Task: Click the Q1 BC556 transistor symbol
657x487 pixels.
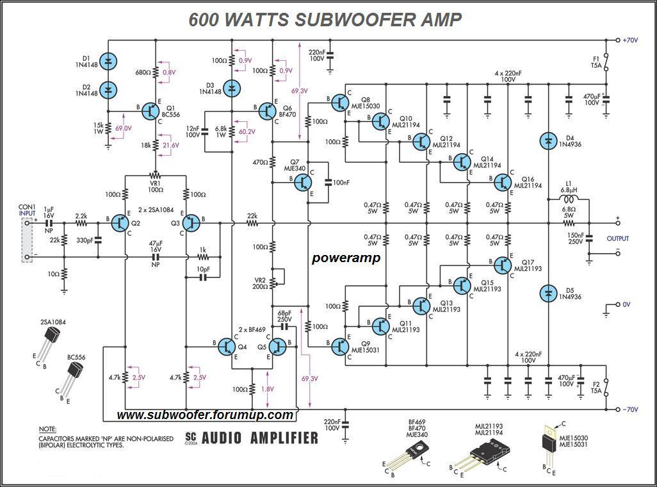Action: (151, 111)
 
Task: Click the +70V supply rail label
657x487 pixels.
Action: (631, 40)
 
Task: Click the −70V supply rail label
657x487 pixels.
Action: (631, 409)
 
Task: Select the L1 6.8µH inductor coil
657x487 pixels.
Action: (565, 200)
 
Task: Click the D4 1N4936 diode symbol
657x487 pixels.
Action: (548, 140)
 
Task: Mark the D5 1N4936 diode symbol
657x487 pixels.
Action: (548, 293)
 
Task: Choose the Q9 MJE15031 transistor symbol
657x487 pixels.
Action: (339, 347)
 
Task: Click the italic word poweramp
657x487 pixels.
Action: (346, 258)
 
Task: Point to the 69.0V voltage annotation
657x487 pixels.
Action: (124, 129)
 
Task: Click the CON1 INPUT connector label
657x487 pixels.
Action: (27, 211)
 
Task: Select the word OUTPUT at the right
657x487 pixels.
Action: (617, 238)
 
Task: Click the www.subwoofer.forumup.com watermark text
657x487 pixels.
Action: (205, 415)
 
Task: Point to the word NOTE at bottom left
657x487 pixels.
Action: (47, 429)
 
